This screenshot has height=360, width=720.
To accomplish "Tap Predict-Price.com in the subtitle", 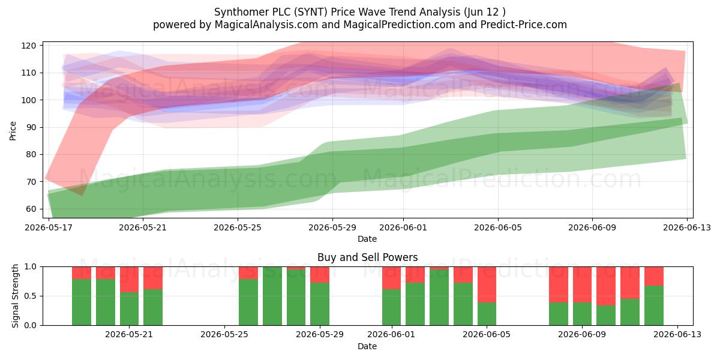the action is click(524, 25).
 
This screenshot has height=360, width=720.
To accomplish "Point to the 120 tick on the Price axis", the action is click(29, 46).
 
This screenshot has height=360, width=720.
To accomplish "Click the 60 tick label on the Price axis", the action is click(31, 209).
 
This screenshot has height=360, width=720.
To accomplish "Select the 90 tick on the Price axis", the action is click(31, 127).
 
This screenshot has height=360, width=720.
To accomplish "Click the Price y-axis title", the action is click(13, 131).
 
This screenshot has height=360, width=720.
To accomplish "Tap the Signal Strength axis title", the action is click(15, 296).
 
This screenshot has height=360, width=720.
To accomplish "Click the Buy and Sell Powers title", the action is click(367, 257).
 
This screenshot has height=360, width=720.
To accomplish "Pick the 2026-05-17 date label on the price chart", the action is click(49, 227).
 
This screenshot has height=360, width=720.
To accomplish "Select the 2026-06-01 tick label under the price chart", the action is click(403, 227).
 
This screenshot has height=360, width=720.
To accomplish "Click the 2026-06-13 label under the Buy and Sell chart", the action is click(677, 335).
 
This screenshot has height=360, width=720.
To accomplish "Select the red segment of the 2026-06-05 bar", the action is click(487, 284).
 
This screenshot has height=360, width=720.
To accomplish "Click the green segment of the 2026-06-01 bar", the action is click(391, 307).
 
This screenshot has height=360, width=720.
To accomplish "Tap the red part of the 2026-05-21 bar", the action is click(129, 280).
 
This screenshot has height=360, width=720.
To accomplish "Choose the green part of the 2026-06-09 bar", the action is click(582, 314).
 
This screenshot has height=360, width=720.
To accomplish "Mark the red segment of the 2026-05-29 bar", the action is click(320, 275).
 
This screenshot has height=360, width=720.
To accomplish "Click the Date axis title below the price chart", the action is click(367, 239).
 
